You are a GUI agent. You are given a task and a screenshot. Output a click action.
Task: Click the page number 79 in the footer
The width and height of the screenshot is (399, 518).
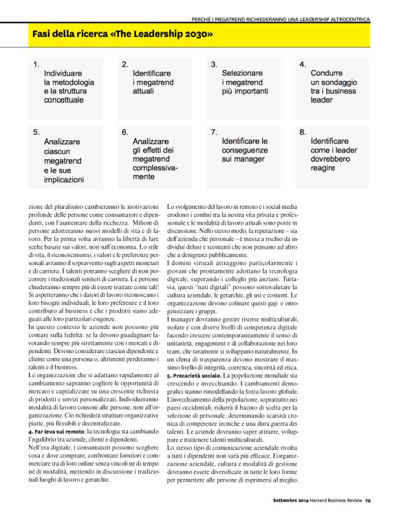pyautogui.click(x=368, y=499)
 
